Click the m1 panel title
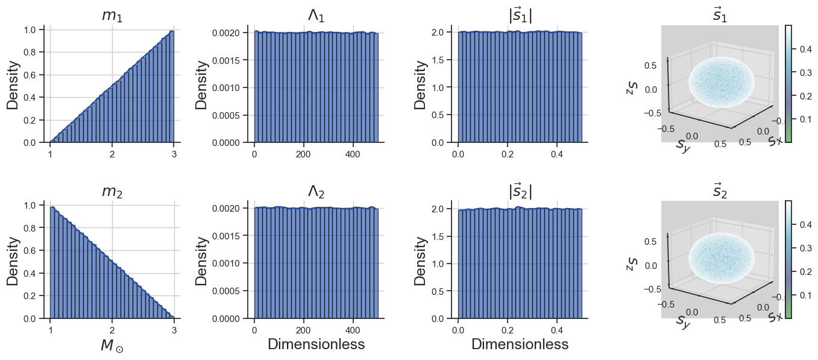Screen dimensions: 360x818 point(112,16)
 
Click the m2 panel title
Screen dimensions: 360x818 point(112,192)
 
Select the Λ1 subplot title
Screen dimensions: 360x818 point(316,16)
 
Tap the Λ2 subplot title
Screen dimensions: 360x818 point(316,192)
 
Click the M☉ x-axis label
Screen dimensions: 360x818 point(112,346)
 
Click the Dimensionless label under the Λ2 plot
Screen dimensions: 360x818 point(316,345)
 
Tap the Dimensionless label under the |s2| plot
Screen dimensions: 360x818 point(520,345)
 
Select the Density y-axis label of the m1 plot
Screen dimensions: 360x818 point(12,84)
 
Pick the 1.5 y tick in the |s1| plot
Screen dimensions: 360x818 point(438,60)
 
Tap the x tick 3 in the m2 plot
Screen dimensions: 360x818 point(174,330)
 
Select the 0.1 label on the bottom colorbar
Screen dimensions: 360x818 point(805,295)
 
